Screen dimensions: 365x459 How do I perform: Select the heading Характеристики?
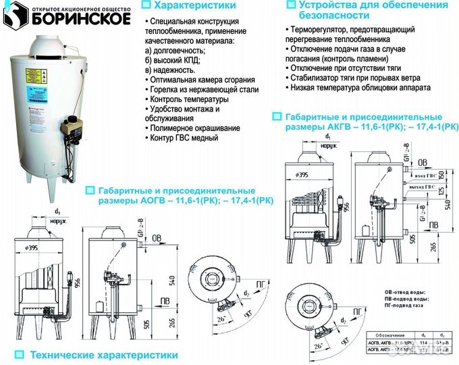[x=186, y=6]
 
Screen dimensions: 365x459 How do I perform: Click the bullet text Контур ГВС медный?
[x=182, y=138]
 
